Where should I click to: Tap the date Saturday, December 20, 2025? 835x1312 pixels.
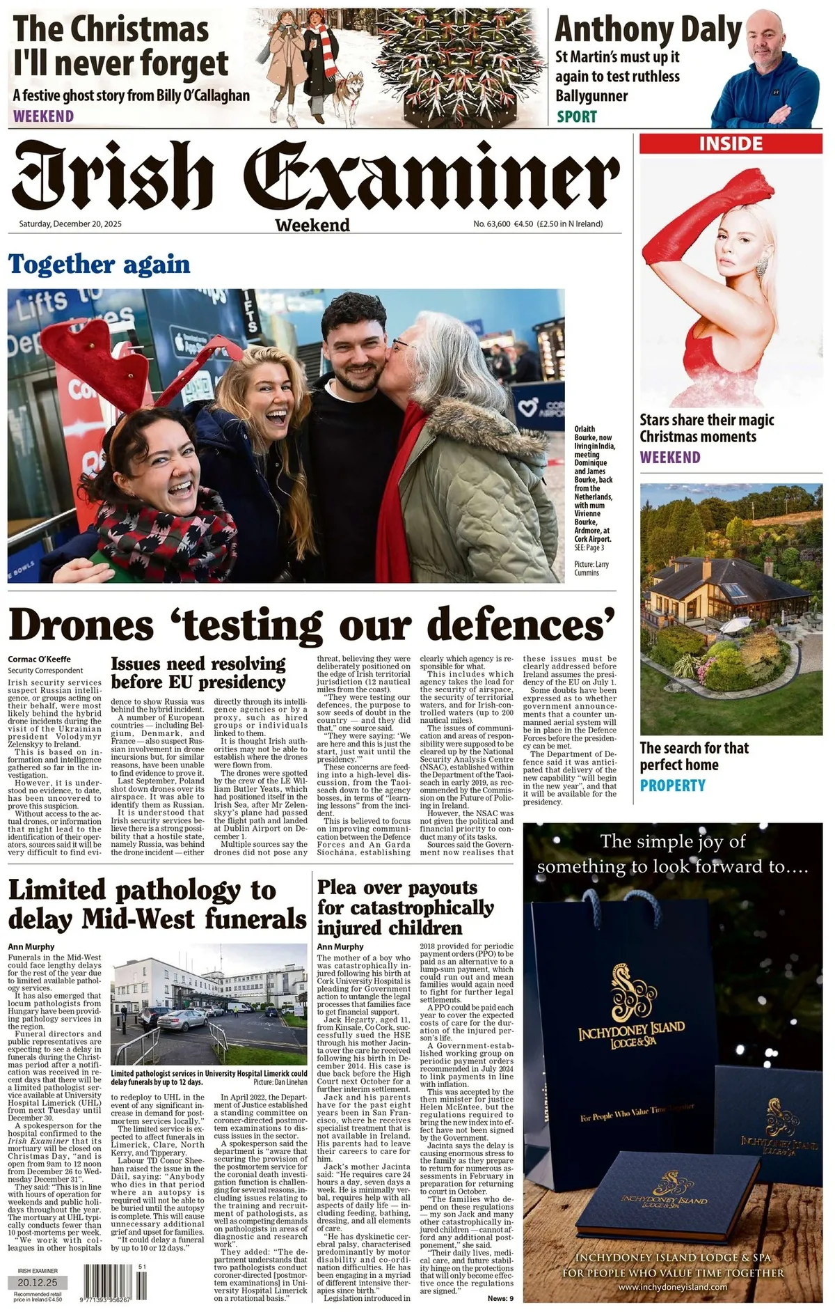pyautogui.click(x=70, y=224)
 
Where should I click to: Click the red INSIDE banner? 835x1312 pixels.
pyautogui.click(x=731, y=143)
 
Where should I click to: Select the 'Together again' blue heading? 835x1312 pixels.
pyautogui.click(x=99, y=265)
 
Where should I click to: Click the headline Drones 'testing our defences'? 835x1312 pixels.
pyautogui.click(x=312, y=624)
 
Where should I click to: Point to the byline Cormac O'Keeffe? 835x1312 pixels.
pyautogui.click(x=40, y=659)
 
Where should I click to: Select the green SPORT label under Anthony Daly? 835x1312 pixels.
pyautogui.click(x=576, y=116)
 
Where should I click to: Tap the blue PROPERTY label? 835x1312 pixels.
pyautogui.click(x=673, y=786)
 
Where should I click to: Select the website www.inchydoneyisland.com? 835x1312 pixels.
pyautogui.click(x=672, y=1288)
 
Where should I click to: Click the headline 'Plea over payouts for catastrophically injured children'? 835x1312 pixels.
pyautogui.click(x=405, y=907)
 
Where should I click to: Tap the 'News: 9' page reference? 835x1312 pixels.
pyautogui.click(x=500, y=1298)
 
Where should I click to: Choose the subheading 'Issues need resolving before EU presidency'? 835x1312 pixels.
pyautogui.click(x=198, y=673)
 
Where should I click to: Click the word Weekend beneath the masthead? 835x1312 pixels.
pyautogui.click(x=312, y=225)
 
